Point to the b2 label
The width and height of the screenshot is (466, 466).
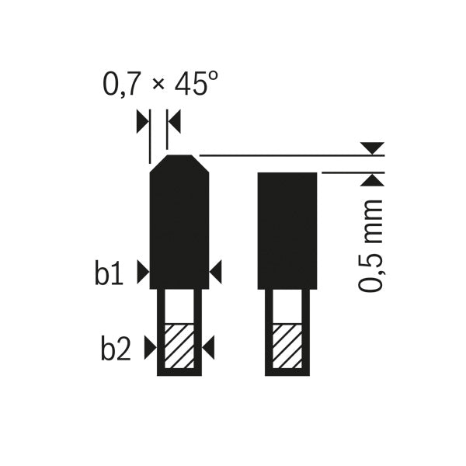(x=114, y=349)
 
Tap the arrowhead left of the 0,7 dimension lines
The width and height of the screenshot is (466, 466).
(x=141, y=120)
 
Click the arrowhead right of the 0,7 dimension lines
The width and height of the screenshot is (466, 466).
(x=174, y=120)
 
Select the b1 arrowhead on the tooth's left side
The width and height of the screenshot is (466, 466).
(x=142, y=271)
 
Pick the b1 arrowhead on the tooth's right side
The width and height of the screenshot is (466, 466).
(x=216, y=271)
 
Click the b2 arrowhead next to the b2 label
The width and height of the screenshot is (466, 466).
(x=150, y=349)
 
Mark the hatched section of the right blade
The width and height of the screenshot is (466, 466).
(x=287, y=346)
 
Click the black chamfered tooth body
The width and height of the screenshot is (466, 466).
(x=179, y=225)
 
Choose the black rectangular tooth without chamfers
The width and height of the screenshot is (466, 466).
(x=287, y=229)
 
